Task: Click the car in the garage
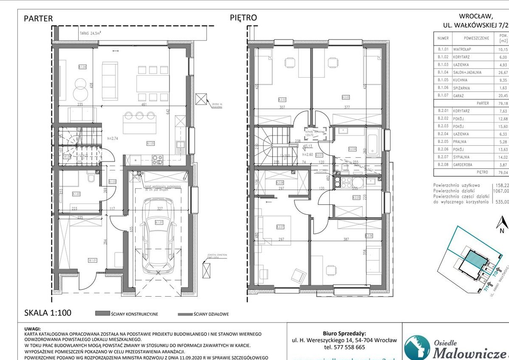(x=158, y=236)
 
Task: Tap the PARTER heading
(x=38, y=18)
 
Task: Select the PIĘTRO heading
(x=243, y=18)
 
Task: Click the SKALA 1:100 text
(x=47, y=313)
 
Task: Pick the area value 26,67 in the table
(x=503, y=72)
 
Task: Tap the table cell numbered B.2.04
(x=443, y=134)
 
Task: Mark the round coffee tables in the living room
(x=79, y=87)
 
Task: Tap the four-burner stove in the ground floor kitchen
(x=157, y=160)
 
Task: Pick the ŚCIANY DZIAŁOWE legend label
(x=211, y=314)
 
